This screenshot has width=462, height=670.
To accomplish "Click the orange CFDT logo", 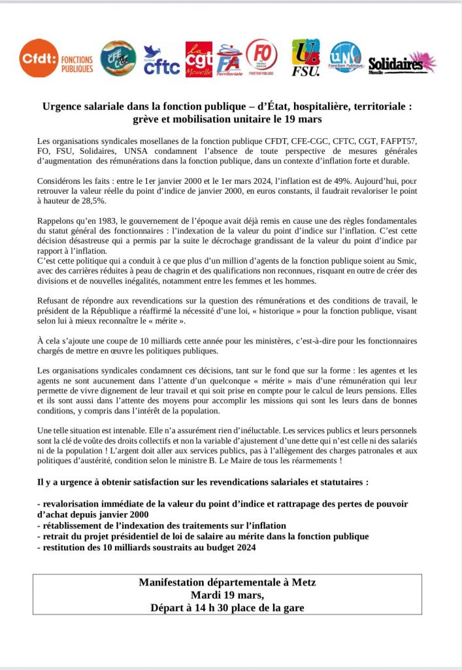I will click(39, 58).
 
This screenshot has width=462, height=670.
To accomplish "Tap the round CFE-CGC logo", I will click(118, 58).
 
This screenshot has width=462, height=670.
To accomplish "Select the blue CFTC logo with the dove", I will click(161, 60).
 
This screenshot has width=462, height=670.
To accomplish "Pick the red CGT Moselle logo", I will click(199, 60).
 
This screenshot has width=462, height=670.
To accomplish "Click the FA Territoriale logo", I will click(229, 61).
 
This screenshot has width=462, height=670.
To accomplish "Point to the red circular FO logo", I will click(261, 57).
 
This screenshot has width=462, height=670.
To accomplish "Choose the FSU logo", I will click(305, 58).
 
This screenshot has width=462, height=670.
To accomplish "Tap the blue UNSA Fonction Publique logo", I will click(345, 58).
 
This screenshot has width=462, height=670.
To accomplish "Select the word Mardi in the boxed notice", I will click(205, 595).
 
